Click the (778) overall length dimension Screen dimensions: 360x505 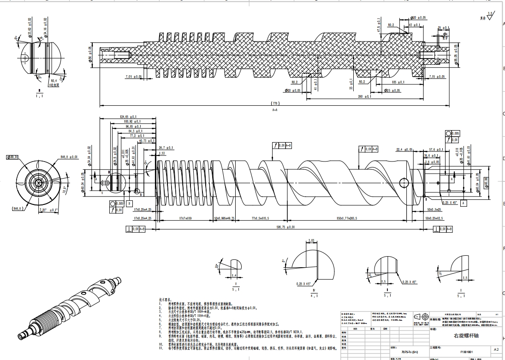click(x=276, y=103)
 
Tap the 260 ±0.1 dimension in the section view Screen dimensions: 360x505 click(x=364, y=97)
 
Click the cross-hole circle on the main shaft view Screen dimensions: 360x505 click(x=404, y=181)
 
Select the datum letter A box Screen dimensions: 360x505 click(x=463, y=202)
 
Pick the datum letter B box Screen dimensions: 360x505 click(x=130, y=203)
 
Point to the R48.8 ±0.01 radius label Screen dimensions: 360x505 click(x=68, y=157)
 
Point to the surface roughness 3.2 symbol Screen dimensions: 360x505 click(x=491, y=17)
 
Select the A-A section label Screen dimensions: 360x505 click(x=275, y=110)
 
